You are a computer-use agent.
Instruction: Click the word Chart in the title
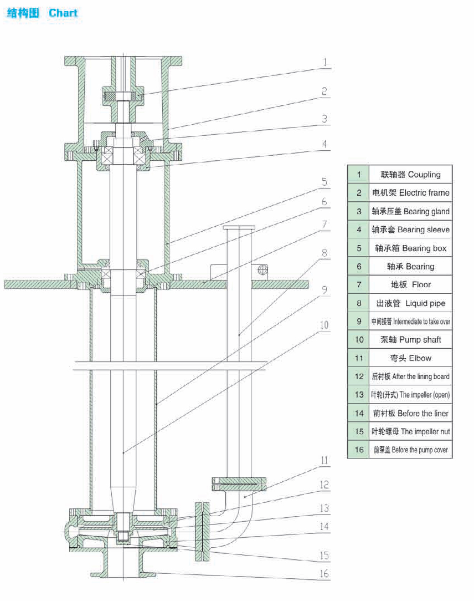coord(63,13)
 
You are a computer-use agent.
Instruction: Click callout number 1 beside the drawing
coord(325,62)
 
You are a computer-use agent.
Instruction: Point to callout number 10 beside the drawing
coord(324,324)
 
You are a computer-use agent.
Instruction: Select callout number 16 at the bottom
coord(324,574)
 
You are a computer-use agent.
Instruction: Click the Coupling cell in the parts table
coord(409,175)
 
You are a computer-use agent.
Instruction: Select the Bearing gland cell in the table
coord(409,211)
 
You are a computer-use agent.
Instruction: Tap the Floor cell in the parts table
coord(409,284)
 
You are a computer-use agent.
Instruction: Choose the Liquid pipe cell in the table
coord(409,303)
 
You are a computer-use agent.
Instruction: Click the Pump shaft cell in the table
coord(409,339)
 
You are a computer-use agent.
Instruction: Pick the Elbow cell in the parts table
coord(409,358)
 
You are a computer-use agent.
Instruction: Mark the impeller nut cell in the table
coord(409,431)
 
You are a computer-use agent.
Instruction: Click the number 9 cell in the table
coord(359,322)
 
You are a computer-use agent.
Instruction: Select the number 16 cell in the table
coord(359,450)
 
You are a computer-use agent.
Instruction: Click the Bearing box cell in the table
coord(409,248)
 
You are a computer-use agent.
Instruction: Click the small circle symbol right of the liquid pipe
coord(263,269)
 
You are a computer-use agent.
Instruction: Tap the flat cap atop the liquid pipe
coord(239,227)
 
